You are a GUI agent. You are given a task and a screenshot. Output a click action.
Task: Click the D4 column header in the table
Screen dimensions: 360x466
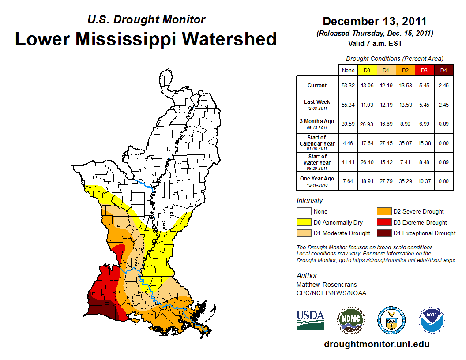tap(444, 70)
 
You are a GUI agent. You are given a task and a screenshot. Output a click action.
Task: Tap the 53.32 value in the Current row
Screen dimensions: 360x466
tap(348, 86)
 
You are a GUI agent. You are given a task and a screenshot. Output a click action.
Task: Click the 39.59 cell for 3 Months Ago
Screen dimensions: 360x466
tap(348, 124)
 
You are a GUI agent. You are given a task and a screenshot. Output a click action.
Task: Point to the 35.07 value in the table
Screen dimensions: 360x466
tap(405, 143)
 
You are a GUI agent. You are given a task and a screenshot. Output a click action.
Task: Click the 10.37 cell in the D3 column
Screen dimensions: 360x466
tap(425, 181)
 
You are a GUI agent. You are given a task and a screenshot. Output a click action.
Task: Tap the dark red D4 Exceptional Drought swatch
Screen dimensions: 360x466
tap(384, 233)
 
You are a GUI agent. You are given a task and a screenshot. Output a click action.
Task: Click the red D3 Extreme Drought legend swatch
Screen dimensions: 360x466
tap(384, 222)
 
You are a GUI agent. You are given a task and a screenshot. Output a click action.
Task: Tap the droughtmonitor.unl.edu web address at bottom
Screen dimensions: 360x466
tap(376, 344)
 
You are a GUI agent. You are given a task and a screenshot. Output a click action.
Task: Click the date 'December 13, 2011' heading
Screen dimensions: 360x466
tap(375, 21)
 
